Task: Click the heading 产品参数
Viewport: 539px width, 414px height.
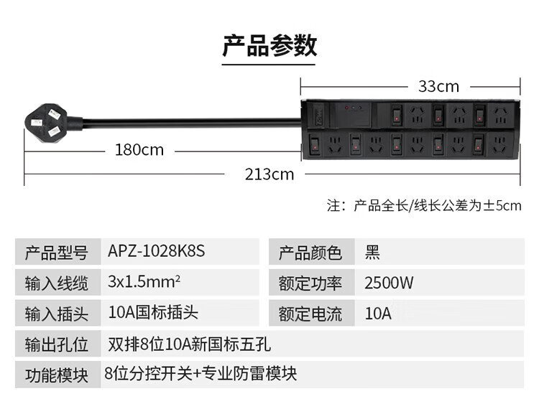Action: (269, 46)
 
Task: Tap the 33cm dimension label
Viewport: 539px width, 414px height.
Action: (438, 87)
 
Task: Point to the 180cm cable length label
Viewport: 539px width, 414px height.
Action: (139, 150)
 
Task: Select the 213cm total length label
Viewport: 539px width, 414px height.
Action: (269, 174)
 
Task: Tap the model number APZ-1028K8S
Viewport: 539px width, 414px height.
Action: (157, 251)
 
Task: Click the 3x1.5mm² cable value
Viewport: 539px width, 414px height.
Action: (144, 281)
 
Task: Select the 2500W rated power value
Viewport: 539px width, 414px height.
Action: (389, 283)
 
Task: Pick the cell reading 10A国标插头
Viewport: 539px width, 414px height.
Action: (153, 312)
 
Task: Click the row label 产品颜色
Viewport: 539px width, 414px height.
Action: (310, 253)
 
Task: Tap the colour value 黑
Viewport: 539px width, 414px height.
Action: (372, 253)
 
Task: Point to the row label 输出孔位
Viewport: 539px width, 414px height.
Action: (56, 344)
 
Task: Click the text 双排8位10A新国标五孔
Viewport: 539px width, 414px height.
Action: (190, 344)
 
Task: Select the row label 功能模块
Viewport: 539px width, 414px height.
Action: (56, 375)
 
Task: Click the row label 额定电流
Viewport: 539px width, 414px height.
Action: (310, 314)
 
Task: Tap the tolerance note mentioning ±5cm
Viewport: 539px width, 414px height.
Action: (424, 206)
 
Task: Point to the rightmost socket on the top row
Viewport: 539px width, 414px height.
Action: (500, 116)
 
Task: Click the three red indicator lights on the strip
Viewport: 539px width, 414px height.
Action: (354, 108)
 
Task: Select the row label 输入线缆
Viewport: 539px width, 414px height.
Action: (56, 283)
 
